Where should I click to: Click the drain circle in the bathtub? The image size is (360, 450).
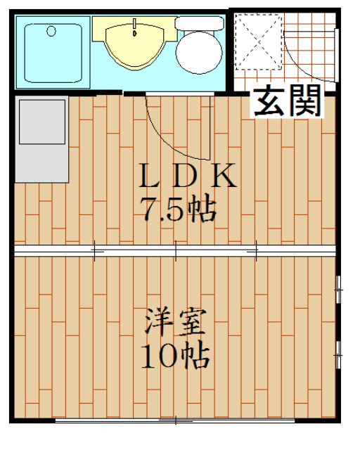(51, 30)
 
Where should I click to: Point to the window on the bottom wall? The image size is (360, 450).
(176, 420)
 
